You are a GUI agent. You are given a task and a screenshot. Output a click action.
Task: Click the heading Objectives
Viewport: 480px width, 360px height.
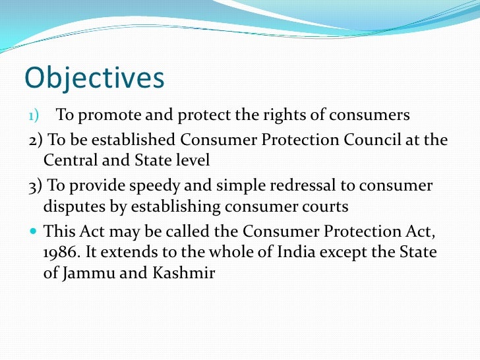(x=94, y=78)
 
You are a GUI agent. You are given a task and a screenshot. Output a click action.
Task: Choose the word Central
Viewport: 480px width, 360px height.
(x=70, y=160)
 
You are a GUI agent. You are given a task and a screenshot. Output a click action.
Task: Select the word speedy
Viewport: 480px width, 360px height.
(x=156, y=186)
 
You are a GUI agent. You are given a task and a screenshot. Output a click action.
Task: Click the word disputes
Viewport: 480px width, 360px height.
(x=75, y=207)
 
